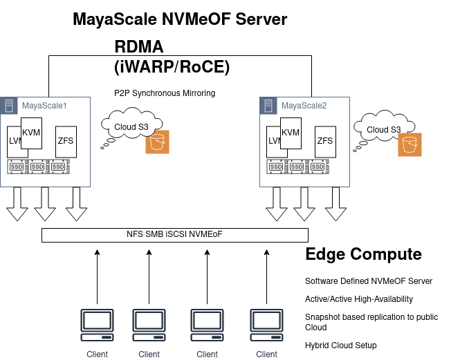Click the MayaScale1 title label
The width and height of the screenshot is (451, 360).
coord(44,106)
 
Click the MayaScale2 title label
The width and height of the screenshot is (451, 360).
coord(304,106)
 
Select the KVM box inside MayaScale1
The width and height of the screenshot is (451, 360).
coord(32,133)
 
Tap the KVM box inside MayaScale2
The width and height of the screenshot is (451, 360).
coord(291,133)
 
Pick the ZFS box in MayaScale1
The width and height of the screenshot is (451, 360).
coord(66,141)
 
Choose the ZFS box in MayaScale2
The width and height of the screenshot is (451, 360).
coord(325,141)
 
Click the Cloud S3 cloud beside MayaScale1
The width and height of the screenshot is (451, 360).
coord(130,126)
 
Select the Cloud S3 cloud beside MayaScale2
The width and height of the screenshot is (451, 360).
coord(383,129)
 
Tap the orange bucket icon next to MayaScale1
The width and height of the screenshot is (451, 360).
coord(157,142)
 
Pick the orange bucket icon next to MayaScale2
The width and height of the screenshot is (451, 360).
coord(409,145)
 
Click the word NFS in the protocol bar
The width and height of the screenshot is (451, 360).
coord(135,235)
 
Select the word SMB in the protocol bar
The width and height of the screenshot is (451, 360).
coord(156,235)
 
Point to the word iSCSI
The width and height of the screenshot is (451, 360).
coord(177,235)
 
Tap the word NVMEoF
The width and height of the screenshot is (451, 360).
coord(206,235)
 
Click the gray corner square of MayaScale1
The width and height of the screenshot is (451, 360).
coord(9,106)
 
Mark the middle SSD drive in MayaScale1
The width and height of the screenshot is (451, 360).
coord(38,167)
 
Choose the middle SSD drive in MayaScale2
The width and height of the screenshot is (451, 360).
coord(297,167)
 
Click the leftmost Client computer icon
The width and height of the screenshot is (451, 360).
coord(97,325)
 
